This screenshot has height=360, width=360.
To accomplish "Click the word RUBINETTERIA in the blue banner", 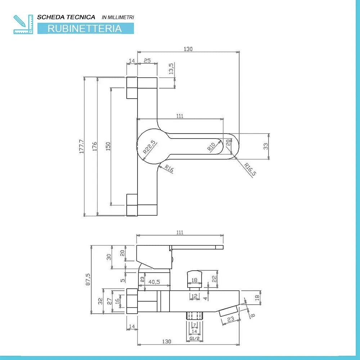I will coord(85,28).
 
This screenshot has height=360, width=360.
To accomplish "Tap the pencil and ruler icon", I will coord(22,24).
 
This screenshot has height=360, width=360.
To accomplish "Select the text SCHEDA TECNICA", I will coord(66,17).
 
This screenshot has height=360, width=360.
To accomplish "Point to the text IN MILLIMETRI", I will coord(118,17).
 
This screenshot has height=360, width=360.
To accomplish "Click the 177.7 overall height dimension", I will coord(81,146).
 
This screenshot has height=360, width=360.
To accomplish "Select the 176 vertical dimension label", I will coord(95,146).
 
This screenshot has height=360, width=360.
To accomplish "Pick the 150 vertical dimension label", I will coord(108,146).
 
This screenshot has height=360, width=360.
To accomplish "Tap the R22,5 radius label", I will coord(149,147).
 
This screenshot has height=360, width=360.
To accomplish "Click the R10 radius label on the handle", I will coord(211,146).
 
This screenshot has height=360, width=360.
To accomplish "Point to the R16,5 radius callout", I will coord(250,170).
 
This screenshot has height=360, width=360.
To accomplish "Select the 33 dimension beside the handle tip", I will coord(266,146).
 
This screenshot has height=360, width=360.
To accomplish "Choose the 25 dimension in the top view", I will coord(147,61).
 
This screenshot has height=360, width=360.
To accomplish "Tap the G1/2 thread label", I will coord(194,339).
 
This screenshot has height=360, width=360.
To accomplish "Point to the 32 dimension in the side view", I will coord(100,301).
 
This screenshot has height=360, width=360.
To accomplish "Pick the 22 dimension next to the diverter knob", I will coord(215,279).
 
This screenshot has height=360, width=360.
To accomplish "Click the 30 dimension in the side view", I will coord(109,257).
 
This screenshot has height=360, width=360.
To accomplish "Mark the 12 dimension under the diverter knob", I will coord(194,296).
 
